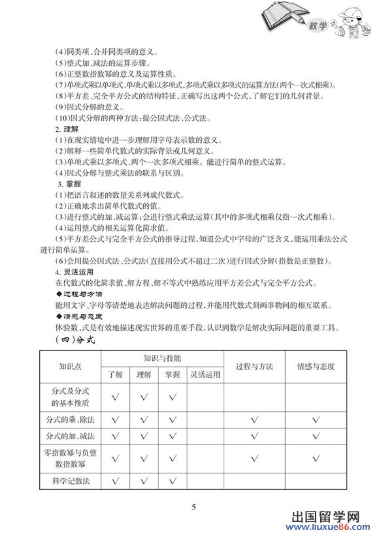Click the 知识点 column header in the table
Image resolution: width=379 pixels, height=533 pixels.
(x=70, y=366)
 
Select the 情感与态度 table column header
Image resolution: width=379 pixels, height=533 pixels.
(x=316, y=366)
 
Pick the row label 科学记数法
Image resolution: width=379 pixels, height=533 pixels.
(x=70, y=481)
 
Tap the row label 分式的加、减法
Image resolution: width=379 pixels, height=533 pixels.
(x=70, y=436)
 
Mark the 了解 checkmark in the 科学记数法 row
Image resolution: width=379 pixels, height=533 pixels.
(x=116, y=481)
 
